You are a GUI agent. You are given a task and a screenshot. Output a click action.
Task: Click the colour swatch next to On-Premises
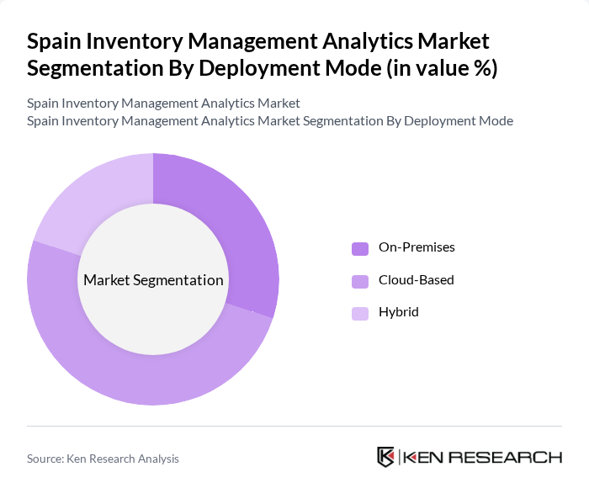pyautogui.click(x=359, y=248)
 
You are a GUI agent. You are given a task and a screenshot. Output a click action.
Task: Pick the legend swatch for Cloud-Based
pyautogui.click(x=359, y=280)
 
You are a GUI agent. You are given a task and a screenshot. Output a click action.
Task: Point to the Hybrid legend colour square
pyautogui.click(x=359, y=313)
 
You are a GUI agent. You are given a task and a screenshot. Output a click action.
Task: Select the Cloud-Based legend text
pyautogui.click(x=416, y=279)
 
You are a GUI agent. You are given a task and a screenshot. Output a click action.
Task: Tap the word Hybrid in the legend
pyautogui.click(x=398, y=312)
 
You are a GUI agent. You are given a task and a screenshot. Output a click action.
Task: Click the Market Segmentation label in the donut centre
pyautogui.click(x=153, y=280)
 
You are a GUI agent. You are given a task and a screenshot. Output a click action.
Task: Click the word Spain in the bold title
pyautogui.click(x=56, y=41)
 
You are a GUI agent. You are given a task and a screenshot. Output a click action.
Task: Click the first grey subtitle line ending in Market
pyautogui.click(x=163, y=103)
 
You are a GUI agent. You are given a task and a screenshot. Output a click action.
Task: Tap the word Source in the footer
pyautogui.click(x=46, y=459)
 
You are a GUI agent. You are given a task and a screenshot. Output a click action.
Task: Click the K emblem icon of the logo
pyautogui.click(x=386, y=457)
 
